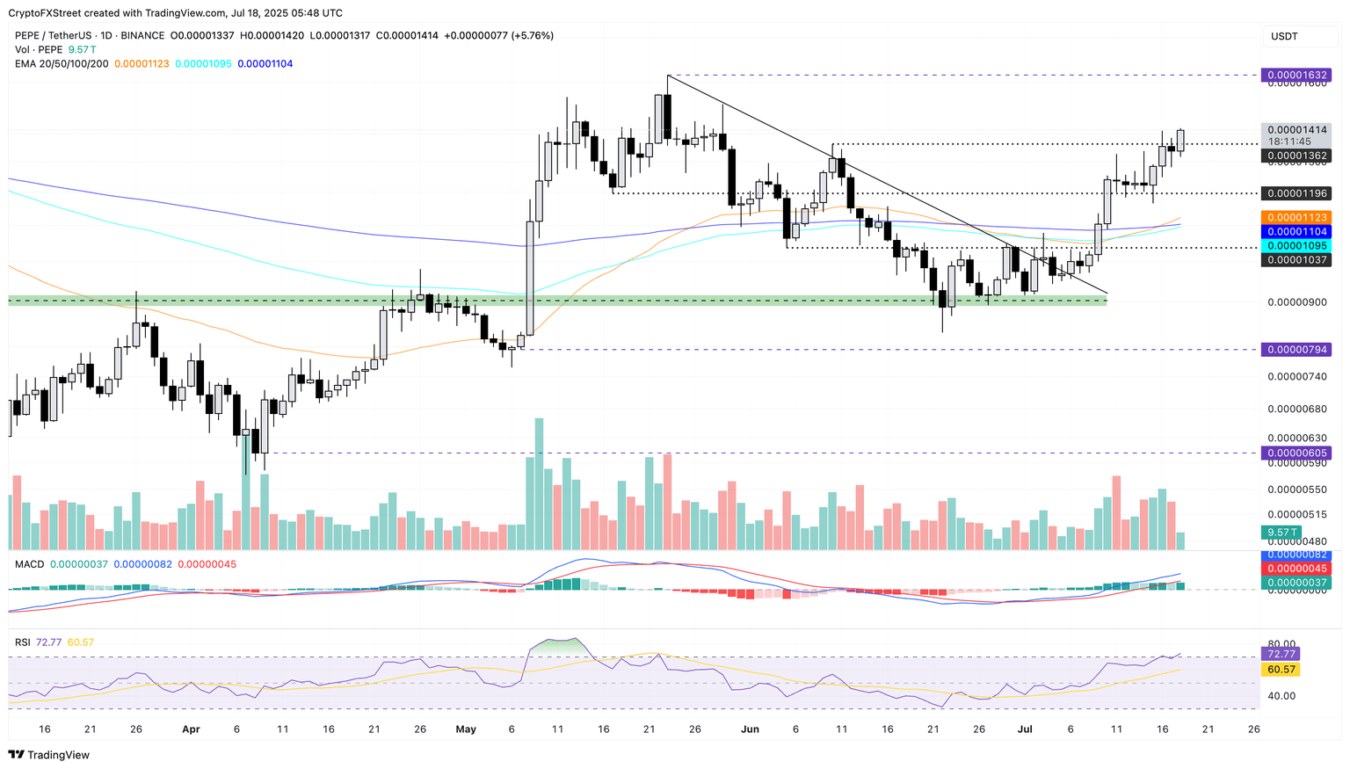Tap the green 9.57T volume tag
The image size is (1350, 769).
tap(1282, 532)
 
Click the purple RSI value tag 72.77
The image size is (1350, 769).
tap(1279, 654)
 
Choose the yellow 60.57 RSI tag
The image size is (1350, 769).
tap(1279, 669)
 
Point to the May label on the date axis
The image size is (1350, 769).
tap(466, 729)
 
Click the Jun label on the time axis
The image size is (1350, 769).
tap(750, 729)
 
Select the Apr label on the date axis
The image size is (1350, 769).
tap(191, 729)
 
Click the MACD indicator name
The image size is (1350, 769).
tap(29, 564)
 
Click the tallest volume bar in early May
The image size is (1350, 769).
tap(539, 483)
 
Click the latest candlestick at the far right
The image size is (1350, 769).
tap(1180, 141)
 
